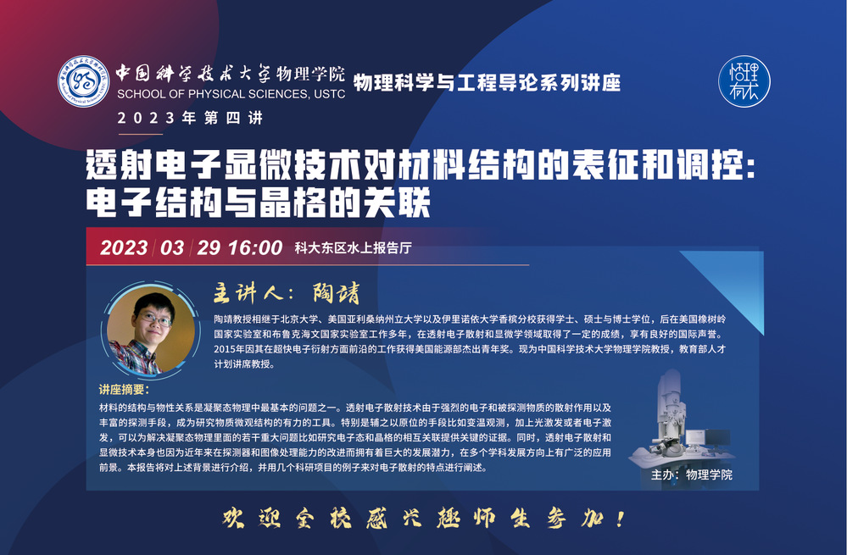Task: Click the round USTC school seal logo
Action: tap(83, 81)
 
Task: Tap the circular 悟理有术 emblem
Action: tap(744, 81)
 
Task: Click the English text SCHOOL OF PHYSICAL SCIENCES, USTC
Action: tap(231, 94)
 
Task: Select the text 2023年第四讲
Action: tap(190, 118)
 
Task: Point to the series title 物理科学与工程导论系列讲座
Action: tap(487, 82)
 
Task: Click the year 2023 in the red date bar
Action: tap(124, 247)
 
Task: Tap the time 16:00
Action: tap(255, 247)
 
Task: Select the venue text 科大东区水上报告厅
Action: tap(353, 247)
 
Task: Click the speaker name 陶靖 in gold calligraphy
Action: tap(336, 293)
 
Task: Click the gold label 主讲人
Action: tap(248, 293)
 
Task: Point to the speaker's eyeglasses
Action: tap(155, 320)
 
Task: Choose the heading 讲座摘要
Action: tap(124, 389)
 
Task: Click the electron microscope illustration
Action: tap(681, 419)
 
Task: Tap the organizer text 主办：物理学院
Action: tap(692, 475)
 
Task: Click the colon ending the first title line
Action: tap(749, 167)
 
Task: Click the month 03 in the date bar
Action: tap(172, 247)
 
